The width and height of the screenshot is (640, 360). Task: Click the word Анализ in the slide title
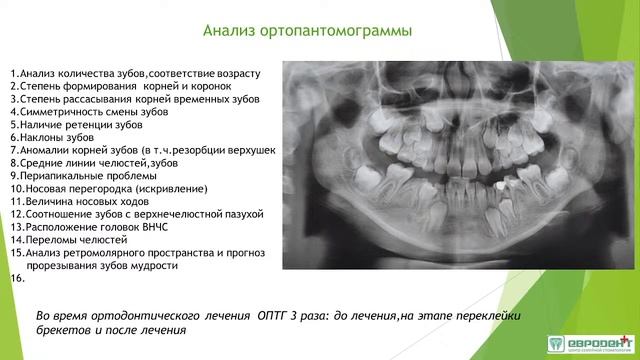(x=232, y=30)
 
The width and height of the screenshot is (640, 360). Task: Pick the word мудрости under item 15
(x=156, y=266)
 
